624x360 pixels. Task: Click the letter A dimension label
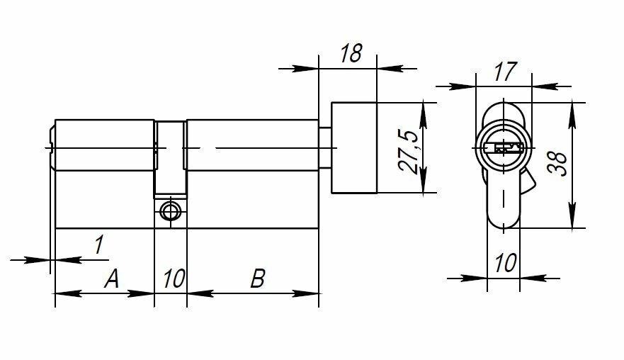pyautogui.click(x=111, y=279)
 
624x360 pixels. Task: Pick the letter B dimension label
pyautogui.click(x=258, y=279)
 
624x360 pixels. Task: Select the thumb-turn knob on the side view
pyautogui.click(x=353, y=147)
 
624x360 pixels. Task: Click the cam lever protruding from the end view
pyautogui.click(x=528, y=186)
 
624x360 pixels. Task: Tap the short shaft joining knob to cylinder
pyautogui.click(x=325, y=147)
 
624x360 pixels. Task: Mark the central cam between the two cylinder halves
pyautogui.click(x=170, y=159)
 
